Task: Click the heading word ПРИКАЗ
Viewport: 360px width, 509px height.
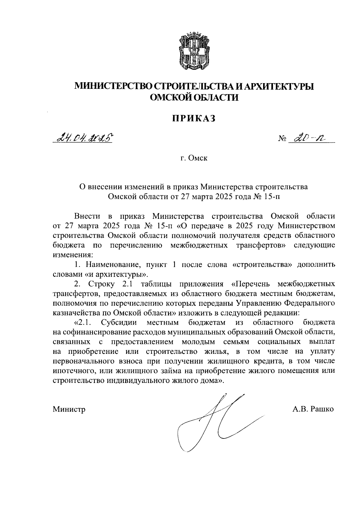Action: (194, 119)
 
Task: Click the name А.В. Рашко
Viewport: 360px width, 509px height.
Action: (313, 409)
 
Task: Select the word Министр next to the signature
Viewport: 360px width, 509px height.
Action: (69, 409)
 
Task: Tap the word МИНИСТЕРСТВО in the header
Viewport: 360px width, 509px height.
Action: (113, 86)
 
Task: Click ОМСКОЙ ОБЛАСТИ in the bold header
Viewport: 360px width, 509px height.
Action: (194, 97)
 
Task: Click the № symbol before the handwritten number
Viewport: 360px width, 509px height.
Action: (282, 139)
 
